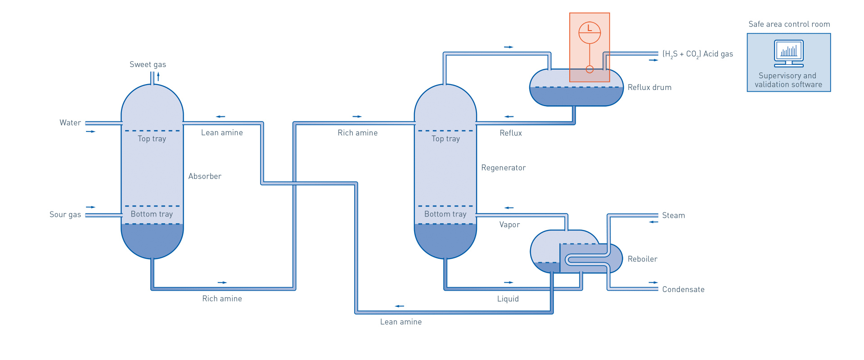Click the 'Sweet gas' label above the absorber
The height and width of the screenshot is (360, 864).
pyautogui.click(x=148, y=64)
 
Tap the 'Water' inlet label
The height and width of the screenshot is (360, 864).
pyautogui.click(x=70, y=122)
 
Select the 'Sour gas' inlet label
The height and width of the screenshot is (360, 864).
pyautogui.click(x=65, y=215)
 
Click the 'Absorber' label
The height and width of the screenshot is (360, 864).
pyautogui.click(x=205, y=176)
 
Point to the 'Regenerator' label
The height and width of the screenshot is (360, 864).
pyautogui.click(x=503, y=168)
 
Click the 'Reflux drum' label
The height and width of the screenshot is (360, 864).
pyautogui.click(x=649, y=87)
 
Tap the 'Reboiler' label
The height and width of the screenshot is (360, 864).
pyautogui.click(x=642, y=259)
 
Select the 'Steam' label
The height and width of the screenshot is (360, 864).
pyautogui.click(x=673, y=216)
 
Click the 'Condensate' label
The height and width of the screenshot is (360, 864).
pyautogui.click(x=683, y=289)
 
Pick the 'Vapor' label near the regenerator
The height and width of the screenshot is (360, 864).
pyautogui.click(x=509, y=225)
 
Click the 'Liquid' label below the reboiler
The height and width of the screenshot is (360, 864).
pyautogui.click(x=508, y=299)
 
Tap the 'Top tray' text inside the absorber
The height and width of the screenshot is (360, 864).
pyautogui.click(x=152, y=139)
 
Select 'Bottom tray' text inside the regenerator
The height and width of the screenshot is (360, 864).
pyautogui.click(x=445, y=214)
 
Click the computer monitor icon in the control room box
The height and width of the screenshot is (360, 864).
pyautogui.click(x=789, y=53)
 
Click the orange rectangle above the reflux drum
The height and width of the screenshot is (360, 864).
pyautogui.click(x=589, y=40)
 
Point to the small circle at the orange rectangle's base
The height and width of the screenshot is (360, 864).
pyautogui.click(x=589, y=70)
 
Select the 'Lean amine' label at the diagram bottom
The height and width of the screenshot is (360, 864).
pyautogui.click(x=400, y=322)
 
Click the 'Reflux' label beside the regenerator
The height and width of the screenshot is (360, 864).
pyautogui.click(x=511, y=133)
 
